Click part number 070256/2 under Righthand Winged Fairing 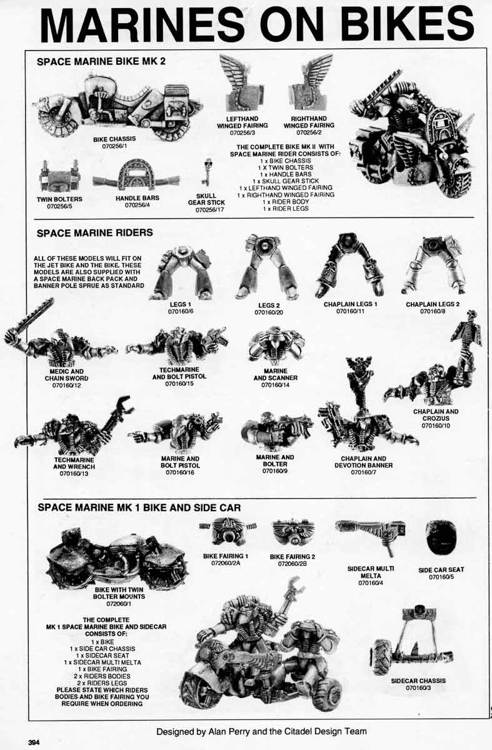point(308,132)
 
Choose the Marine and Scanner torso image point(276,344)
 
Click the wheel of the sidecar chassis point(381,656)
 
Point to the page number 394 point(35,742)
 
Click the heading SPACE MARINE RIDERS point(94,232)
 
